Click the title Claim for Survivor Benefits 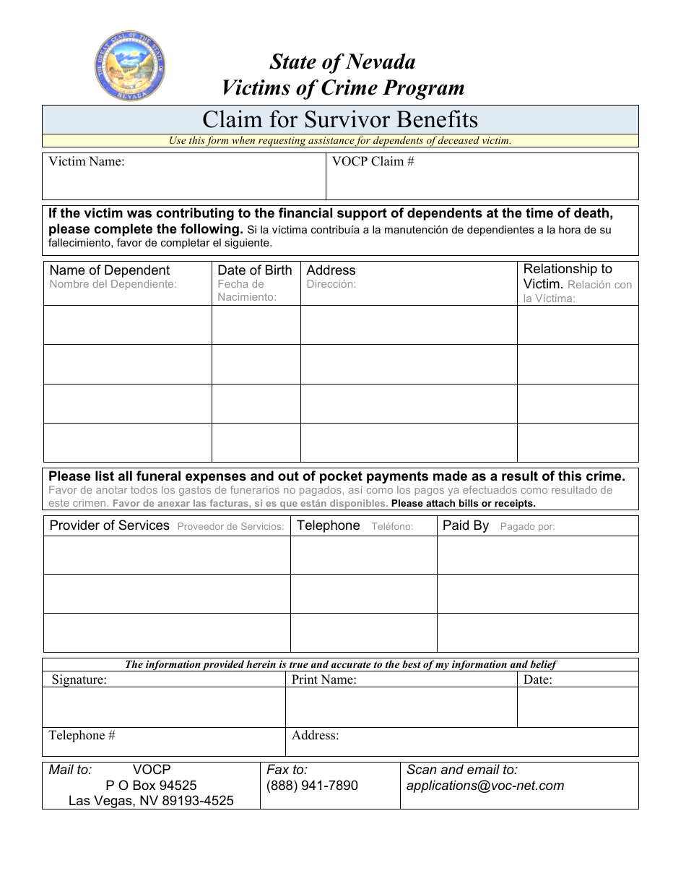340,119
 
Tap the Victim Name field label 86,162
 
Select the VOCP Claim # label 373,162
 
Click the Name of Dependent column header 109,270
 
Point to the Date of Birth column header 254,270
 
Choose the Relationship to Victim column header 568,276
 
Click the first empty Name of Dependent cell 127,325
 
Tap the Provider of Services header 109,525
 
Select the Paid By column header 466,525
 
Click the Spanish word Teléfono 392,527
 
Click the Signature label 79,679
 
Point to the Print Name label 324,679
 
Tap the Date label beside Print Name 537,679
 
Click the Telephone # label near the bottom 82,736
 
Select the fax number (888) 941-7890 312,786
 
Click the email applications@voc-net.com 485,786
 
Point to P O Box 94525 151,786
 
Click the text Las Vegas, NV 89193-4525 151,801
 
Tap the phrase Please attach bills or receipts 463,504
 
